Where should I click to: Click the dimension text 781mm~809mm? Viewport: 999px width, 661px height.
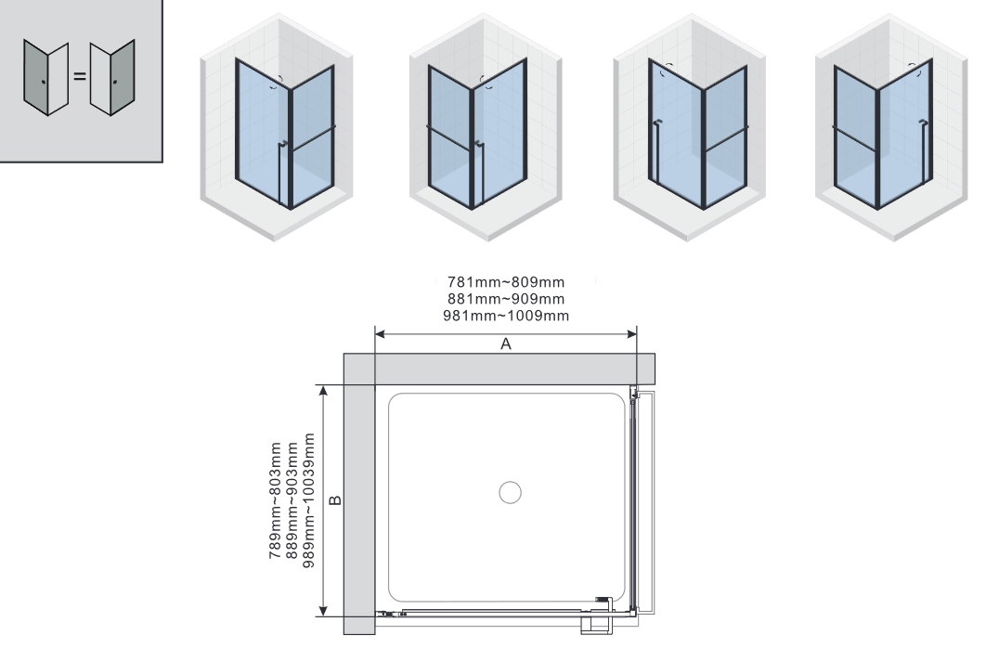pos(506,281)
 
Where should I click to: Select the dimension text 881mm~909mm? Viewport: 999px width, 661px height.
pos(506,299)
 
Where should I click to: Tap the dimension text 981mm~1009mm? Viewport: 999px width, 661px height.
pos(506,316)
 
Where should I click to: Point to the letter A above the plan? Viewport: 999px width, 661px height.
pos(506,343)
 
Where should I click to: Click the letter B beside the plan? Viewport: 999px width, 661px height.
pos(336,500)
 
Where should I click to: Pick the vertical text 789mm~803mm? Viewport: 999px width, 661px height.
pos(275,500)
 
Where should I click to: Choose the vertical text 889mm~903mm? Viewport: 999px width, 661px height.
pos(292,500)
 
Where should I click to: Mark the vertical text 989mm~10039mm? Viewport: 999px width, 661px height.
pos(308,500)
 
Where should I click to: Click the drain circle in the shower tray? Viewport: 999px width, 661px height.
pos(510,492)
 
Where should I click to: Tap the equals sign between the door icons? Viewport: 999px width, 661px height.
pos(80,76)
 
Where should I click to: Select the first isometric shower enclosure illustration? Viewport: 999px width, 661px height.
pos(277,127)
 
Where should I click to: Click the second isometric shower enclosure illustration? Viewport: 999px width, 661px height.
pos(486,127)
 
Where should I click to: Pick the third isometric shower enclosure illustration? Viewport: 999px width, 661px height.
pos(689,127)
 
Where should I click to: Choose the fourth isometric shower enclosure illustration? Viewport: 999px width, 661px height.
pos(891,127)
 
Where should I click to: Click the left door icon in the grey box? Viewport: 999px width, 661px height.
pos(45,78)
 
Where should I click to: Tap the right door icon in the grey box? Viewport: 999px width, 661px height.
pos(112,78)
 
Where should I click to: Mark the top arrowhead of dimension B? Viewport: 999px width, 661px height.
pos(324,390)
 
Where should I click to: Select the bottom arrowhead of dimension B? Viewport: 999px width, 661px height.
pos(324,611)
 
